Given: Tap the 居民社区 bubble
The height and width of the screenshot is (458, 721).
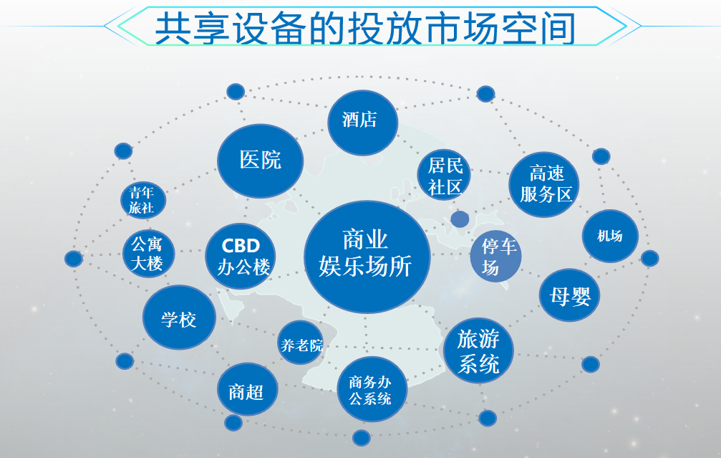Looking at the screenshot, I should [445, 176].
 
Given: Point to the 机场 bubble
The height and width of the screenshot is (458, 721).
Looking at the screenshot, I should [609, 236].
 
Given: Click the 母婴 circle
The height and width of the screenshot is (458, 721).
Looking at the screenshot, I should [570, 295].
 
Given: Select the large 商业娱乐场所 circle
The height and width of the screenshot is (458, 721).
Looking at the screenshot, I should [367, 256].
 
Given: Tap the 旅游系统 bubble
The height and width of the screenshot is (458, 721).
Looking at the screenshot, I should [478, 350].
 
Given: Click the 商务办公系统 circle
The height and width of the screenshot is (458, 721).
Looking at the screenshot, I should [371, 389].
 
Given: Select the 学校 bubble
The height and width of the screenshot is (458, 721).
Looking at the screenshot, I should [179, 318].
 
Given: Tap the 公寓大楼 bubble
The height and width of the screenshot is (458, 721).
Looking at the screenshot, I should [147, 253].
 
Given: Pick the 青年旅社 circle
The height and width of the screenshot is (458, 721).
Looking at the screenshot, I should [142, 200].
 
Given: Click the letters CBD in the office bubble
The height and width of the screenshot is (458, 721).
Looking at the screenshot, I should [241, 245].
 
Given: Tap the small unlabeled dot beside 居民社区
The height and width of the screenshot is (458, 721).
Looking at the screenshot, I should [460, 219].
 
